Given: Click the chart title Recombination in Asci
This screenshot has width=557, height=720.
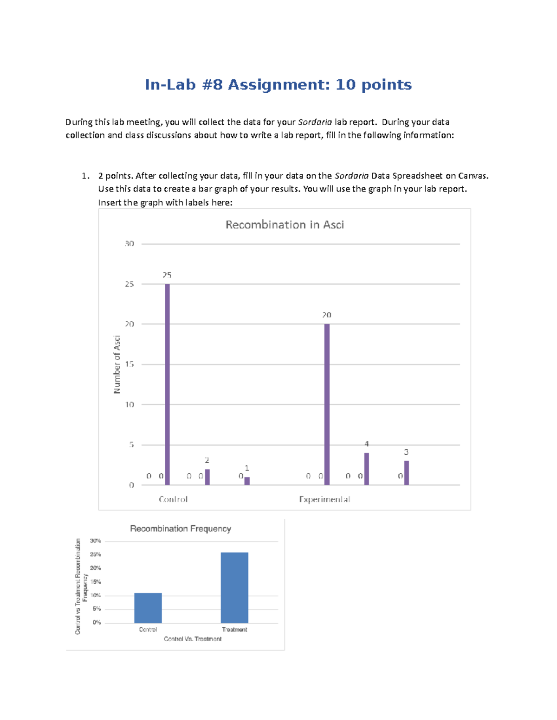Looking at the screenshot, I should pos(285,225).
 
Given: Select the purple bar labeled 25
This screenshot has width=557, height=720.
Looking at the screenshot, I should pos(168,384).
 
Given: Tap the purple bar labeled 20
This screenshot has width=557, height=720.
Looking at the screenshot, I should pos(327,404).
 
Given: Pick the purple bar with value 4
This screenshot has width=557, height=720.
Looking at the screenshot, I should pos(367,469).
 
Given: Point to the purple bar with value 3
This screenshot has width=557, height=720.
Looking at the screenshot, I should pos(407,473).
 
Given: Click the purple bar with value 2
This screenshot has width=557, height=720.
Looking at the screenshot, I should pos(207,477).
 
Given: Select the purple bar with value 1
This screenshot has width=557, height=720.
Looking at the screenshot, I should pos(247,481).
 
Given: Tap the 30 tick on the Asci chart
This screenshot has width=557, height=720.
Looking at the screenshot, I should pos(130,244).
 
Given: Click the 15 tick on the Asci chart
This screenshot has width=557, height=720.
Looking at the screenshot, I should pos(130,364).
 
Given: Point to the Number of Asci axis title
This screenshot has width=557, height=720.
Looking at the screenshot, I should pos(117,364).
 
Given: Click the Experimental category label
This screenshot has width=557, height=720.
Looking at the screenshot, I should pos(324,499).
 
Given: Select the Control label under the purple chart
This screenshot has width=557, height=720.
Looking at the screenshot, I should pos(173,499).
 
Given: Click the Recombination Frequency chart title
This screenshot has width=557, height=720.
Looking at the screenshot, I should pos(181,529).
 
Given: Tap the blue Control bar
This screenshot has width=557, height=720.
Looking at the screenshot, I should pos(148,608).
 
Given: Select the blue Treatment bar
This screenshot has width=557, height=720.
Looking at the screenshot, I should pos(234,587).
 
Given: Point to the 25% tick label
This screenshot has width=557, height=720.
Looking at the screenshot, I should pos(96,554).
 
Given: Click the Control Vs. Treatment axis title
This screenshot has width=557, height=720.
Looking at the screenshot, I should pos(193,639).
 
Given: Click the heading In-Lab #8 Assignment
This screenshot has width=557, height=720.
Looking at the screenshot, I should pos(278,85).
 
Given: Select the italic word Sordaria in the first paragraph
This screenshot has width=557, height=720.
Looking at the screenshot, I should pos(315,122).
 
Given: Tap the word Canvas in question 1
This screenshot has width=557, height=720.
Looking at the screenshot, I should pos(473,176).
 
